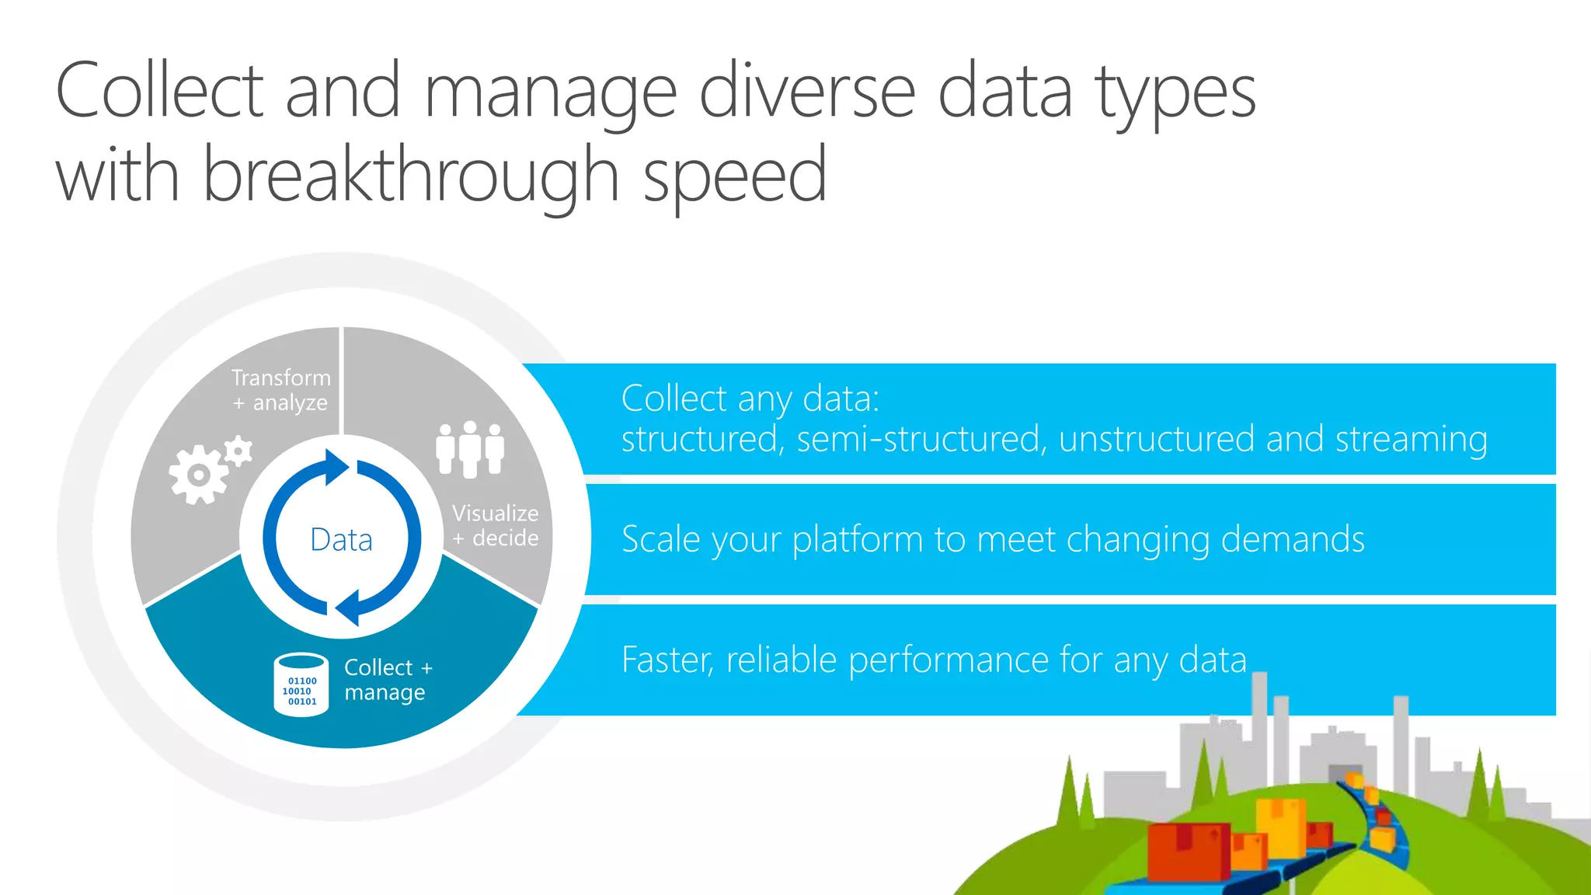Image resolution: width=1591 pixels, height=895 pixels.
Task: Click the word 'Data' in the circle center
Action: (x=341, y=539)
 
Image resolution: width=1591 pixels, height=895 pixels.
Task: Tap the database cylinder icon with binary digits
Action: (x=301, y=684)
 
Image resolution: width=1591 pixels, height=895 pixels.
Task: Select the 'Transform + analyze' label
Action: (x=281, y=390)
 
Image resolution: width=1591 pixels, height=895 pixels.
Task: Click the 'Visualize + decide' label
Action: (x=496, y=525)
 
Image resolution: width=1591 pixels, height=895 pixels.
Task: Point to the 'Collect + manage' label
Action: (x=388, y=680)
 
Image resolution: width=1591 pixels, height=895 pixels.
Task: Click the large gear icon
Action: (x=198, y=474)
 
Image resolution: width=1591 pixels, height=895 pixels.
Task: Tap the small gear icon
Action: (x=238, y=451)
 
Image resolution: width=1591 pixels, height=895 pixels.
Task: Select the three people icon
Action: (x=470, y=448)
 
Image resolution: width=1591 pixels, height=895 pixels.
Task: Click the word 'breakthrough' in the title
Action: (x=411, y=176)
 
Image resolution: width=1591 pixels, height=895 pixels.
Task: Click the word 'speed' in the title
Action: (x=735, y=176)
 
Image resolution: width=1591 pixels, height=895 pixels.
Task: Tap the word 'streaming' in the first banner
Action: (x=1411, y=439)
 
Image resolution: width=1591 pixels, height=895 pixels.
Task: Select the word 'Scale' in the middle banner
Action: (x=661, y=539)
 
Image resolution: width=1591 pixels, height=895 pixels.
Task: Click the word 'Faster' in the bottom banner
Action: (x=667, y=660)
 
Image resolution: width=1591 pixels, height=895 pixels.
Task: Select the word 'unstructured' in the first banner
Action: (x=1156, y=439)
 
